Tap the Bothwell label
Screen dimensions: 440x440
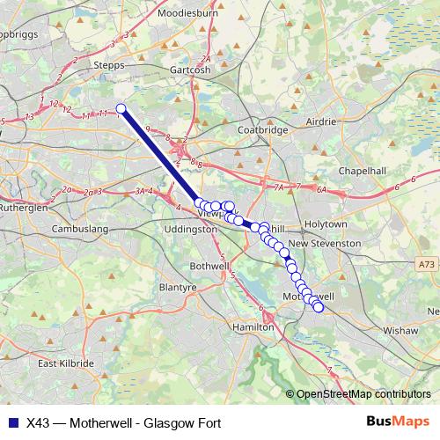[209, 265]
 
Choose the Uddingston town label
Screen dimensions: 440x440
[190, 229]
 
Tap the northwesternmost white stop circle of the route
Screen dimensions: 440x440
[121, 109]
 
